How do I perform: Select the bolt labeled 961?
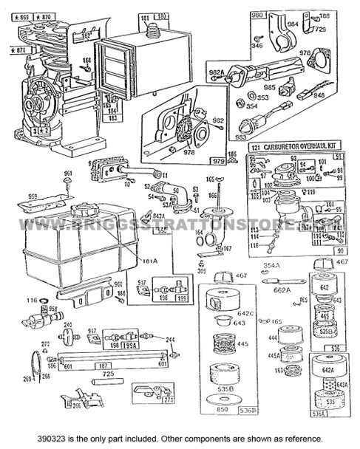[x=68, y=182]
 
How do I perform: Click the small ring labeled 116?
[x=34, y=300]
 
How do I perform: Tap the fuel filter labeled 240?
[x=69, y=338]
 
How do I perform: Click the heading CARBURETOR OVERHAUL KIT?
[x=293, y=148]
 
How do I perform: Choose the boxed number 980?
[x=258, y=15]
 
